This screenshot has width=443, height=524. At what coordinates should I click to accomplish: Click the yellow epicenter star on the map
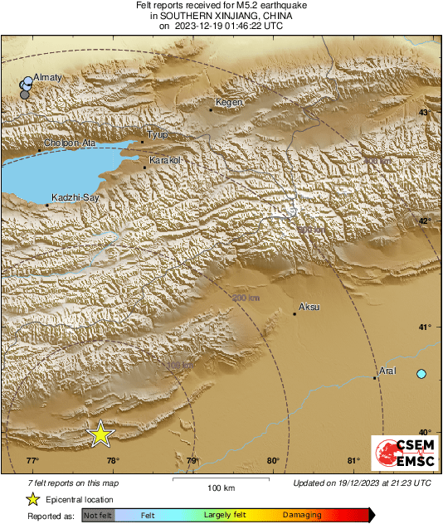pos(100,433)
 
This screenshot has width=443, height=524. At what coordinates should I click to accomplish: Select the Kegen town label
pos(228,102)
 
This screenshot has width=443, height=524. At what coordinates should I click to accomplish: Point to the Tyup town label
pos(157,133)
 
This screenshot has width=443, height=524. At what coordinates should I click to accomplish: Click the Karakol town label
pos(163,159)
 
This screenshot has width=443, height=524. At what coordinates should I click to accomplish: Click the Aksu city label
pos(309,307)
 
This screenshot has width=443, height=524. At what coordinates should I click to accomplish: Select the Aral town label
pos(387,371)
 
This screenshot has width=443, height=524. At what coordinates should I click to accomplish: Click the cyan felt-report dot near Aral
pos(421,375)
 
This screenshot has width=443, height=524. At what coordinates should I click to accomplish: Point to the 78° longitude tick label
pos(112,462)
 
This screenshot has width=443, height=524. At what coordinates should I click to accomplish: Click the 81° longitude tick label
pos(353,462)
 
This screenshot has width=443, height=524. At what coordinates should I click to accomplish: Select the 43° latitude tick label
pos(423,113)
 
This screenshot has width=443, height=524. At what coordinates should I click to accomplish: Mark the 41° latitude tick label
pos(423,327)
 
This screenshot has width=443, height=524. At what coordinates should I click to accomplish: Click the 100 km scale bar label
pos(218,487)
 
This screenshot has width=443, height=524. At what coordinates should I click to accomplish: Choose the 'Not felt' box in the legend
pos(98,515)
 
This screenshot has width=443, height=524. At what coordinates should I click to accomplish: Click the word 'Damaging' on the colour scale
pos(302,515)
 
